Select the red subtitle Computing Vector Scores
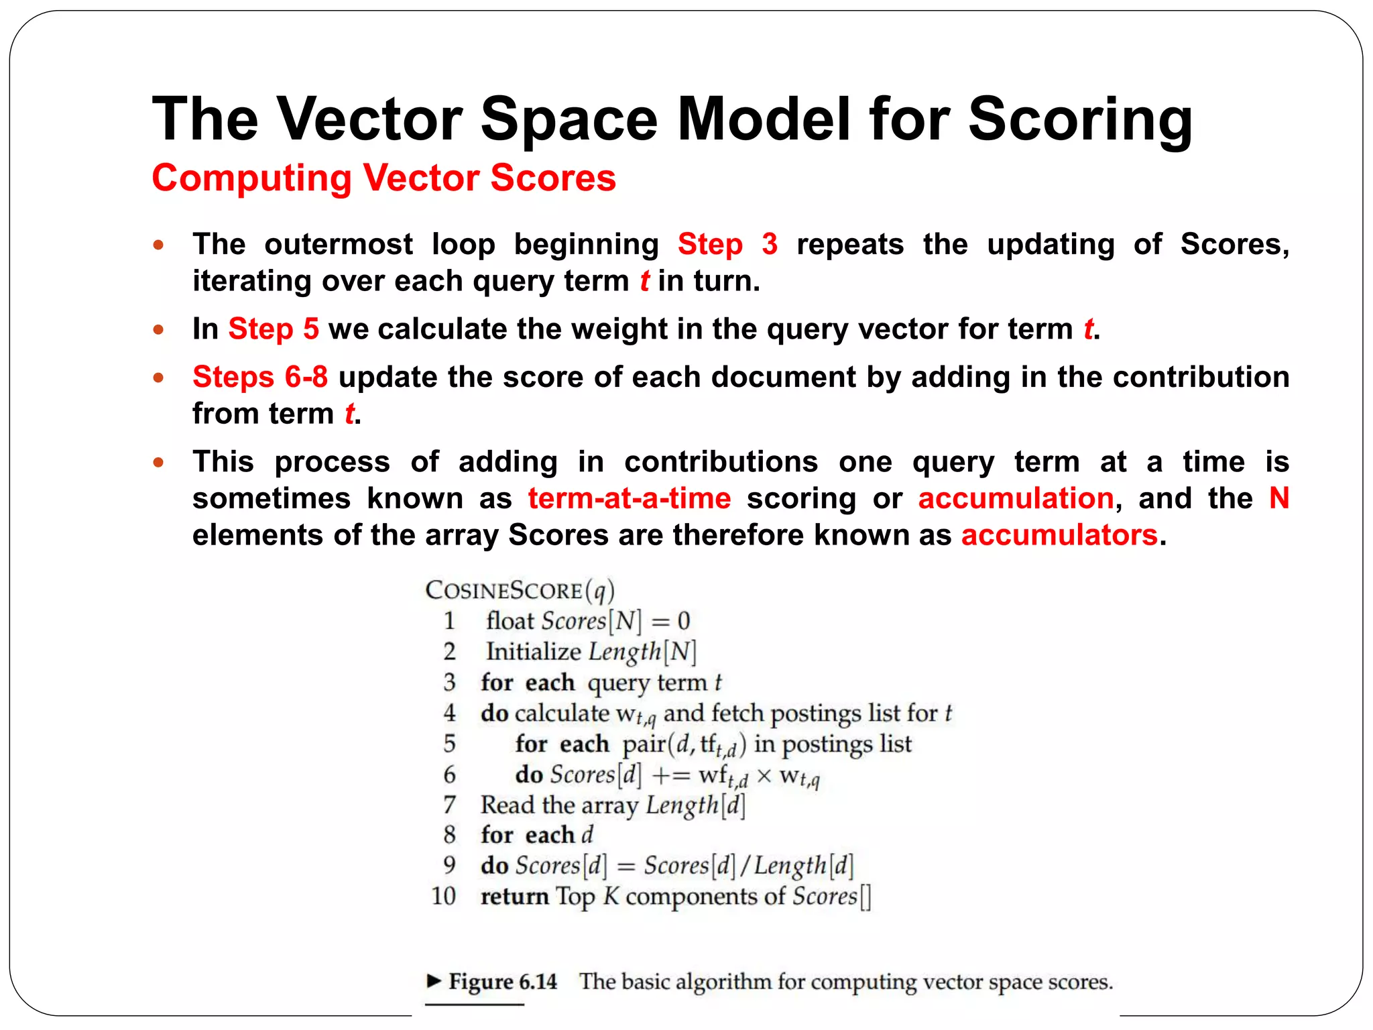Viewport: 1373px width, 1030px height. click(383, 178)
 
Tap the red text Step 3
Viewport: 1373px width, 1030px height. click(727, 244)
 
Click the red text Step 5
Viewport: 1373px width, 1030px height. click(273, 329)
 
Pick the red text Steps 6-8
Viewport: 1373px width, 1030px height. click(260, 377)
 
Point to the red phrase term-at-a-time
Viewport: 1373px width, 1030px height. click(629, 499)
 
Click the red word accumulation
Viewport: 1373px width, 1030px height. click(1016, 499)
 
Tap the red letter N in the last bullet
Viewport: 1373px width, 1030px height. click(1279, 499)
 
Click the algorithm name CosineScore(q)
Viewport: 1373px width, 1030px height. click(520, 591)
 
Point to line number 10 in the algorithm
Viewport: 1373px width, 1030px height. click(444, 897)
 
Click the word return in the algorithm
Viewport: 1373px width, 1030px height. click(514, 897)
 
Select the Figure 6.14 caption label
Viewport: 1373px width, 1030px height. click(502, 982)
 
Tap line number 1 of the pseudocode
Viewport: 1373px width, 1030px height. click(449, 622)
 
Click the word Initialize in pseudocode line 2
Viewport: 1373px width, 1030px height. click(533, 652)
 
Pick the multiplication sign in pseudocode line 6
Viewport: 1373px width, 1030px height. click(764, 776)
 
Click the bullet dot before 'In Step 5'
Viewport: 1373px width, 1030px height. click(158, 330)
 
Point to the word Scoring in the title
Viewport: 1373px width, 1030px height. click(1080, 119)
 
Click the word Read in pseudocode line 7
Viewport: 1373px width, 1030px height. click(508, 805)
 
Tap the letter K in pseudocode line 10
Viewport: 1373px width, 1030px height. click(610, 897)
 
